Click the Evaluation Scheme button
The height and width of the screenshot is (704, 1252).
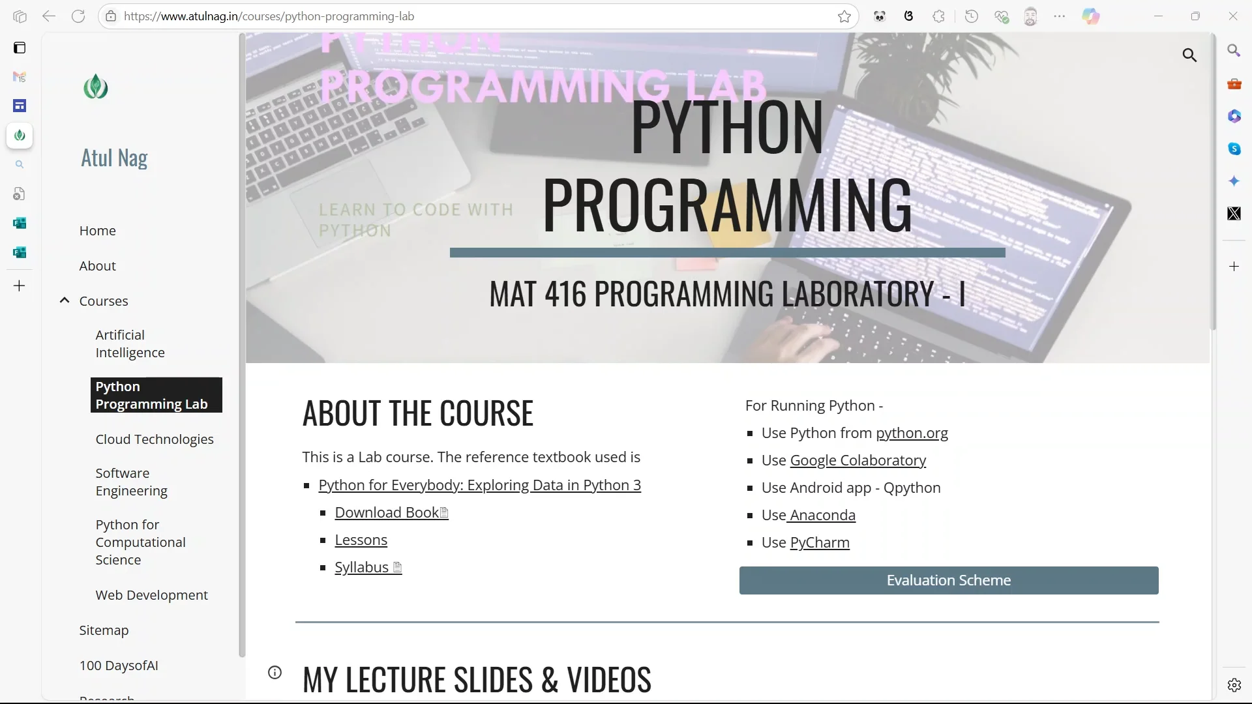pos(948,580)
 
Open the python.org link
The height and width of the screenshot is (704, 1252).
pos(911,433)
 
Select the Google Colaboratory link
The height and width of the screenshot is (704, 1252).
pos(857,460)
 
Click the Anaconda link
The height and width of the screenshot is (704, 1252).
pos(822,515)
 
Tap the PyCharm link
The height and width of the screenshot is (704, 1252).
pos(819,542)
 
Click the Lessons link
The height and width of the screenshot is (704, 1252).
pos(361,540)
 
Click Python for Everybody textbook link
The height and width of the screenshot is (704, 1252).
pos(479,485)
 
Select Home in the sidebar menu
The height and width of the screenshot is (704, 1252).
pos(97,231)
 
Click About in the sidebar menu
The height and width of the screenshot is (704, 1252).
pos(97,266)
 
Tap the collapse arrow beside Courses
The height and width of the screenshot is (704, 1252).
pos(65,301)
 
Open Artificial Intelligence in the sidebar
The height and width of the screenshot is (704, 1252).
pos(130,344)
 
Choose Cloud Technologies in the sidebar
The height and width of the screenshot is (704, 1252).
pos(154,439)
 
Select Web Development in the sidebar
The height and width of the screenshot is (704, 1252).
pos(151,595)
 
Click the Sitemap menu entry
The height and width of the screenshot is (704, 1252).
pos(104,630)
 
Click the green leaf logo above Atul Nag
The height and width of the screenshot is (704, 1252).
pos(96,87)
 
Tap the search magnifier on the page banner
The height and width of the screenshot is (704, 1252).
pos(1189,55)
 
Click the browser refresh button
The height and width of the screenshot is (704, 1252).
pos(78,16)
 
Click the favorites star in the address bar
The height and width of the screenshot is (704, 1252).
pos(844,16)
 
